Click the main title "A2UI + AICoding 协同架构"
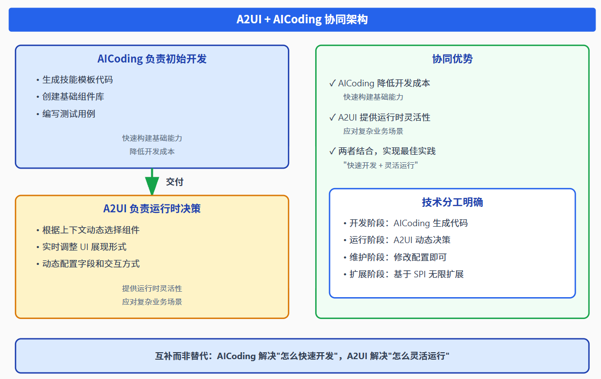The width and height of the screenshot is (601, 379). [x=302, y=20]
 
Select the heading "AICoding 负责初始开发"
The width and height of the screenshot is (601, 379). [x=152, y=59]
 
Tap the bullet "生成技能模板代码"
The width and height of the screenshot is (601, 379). [x=77, y=80]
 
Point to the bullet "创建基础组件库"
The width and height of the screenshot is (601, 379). [x=73, y=97]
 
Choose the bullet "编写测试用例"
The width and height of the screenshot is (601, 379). [x=68, y=114]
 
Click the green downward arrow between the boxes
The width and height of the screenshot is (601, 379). [x=152, y=181]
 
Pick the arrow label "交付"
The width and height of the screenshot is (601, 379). [x=175, y=182]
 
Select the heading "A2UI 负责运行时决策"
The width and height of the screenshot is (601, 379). [x=152, y=209]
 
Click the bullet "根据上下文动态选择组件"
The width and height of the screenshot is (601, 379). [x=91, y=230]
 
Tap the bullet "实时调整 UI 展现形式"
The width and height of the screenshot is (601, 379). [x=84, y=247]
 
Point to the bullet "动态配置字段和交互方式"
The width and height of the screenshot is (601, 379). [x=91, y=263]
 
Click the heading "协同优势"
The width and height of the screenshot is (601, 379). [x=452, y=59]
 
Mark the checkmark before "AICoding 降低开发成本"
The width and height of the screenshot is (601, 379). [x=333, y=83]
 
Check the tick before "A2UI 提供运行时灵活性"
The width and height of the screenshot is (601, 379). [x=333, y=118]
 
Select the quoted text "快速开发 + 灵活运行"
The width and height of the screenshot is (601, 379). [x=381, y=165]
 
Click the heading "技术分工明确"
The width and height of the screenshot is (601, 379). [x=452, y=202]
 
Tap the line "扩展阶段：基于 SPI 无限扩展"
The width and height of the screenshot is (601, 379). [x=406, y=274]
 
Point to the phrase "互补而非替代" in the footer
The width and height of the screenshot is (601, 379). [x=183, y=356]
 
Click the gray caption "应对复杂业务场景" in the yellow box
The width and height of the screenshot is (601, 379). [x=152, y=302]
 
